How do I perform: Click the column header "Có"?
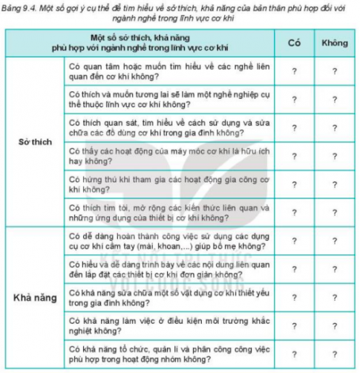pyautogui.click(x=293, y=44)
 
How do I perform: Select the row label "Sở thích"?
pyautogui.click(x=33, y=142)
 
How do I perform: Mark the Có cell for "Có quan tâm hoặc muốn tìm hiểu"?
pyautogui.click(x=293, y=71)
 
